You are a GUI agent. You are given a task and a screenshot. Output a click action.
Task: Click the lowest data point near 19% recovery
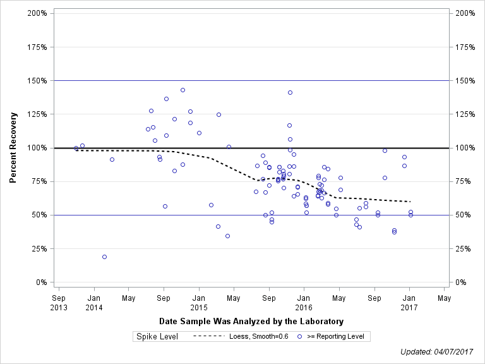[x=104, y=257]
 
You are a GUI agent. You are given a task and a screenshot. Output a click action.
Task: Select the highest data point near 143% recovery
[x=183, y=90]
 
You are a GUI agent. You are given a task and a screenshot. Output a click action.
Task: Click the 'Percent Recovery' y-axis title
[x=13, y=148]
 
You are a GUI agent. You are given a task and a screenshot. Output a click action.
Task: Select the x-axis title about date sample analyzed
[x=251, y=321]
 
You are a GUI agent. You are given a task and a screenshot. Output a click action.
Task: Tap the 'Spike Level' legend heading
[x=157, y=336]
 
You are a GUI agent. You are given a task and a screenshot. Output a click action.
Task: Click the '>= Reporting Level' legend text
[x=335, y=336]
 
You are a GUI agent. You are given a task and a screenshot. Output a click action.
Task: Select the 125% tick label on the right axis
[x=465, y=114]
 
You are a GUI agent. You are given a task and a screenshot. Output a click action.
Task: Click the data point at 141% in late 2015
[x=290, y=92]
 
